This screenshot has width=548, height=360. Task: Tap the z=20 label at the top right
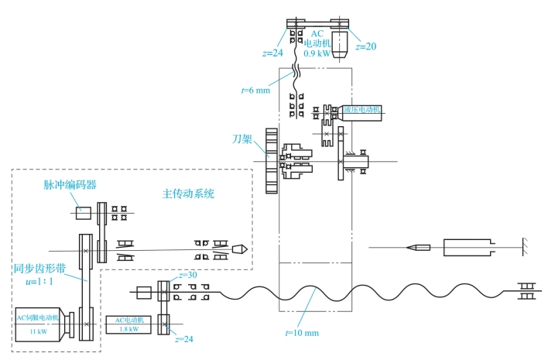click(367, 46)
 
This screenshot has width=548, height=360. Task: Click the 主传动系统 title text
click(187, 193)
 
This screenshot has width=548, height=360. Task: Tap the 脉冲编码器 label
click(70, 186)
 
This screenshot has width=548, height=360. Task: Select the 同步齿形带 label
click(39, 269)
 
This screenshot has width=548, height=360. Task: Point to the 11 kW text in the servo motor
click(37, 330)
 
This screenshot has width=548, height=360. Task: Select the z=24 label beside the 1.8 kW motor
click(184, 338)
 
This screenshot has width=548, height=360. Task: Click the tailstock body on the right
click(466, 247)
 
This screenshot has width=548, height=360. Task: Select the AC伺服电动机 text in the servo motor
click(38, 318)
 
